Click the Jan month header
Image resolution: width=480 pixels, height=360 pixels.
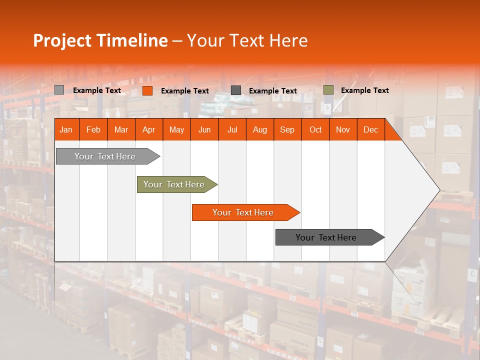(66, 129)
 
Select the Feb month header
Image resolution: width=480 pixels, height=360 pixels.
(93, 129)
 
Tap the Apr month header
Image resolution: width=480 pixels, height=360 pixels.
(148, 129)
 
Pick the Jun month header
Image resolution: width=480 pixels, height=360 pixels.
(204, 129)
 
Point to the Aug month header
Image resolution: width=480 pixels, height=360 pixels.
(259, 129)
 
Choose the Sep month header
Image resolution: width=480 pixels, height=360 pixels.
(287, 129)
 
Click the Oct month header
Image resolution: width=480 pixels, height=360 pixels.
(315, 129)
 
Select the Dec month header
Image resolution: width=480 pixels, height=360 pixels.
(370, 129)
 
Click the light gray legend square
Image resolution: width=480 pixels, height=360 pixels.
(59, 90)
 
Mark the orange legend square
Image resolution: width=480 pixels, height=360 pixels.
(147, 90)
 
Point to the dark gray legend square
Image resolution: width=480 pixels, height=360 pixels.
(236, 90)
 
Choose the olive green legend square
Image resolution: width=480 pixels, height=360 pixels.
(328, 90)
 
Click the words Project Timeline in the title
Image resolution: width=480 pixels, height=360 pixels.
(100, 40)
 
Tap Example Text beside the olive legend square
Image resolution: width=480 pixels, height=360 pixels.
(364, 90)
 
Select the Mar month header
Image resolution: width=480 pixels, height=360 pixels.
(121, 129)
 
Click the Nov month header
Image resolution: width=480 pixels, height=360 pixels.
(343, 129)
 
